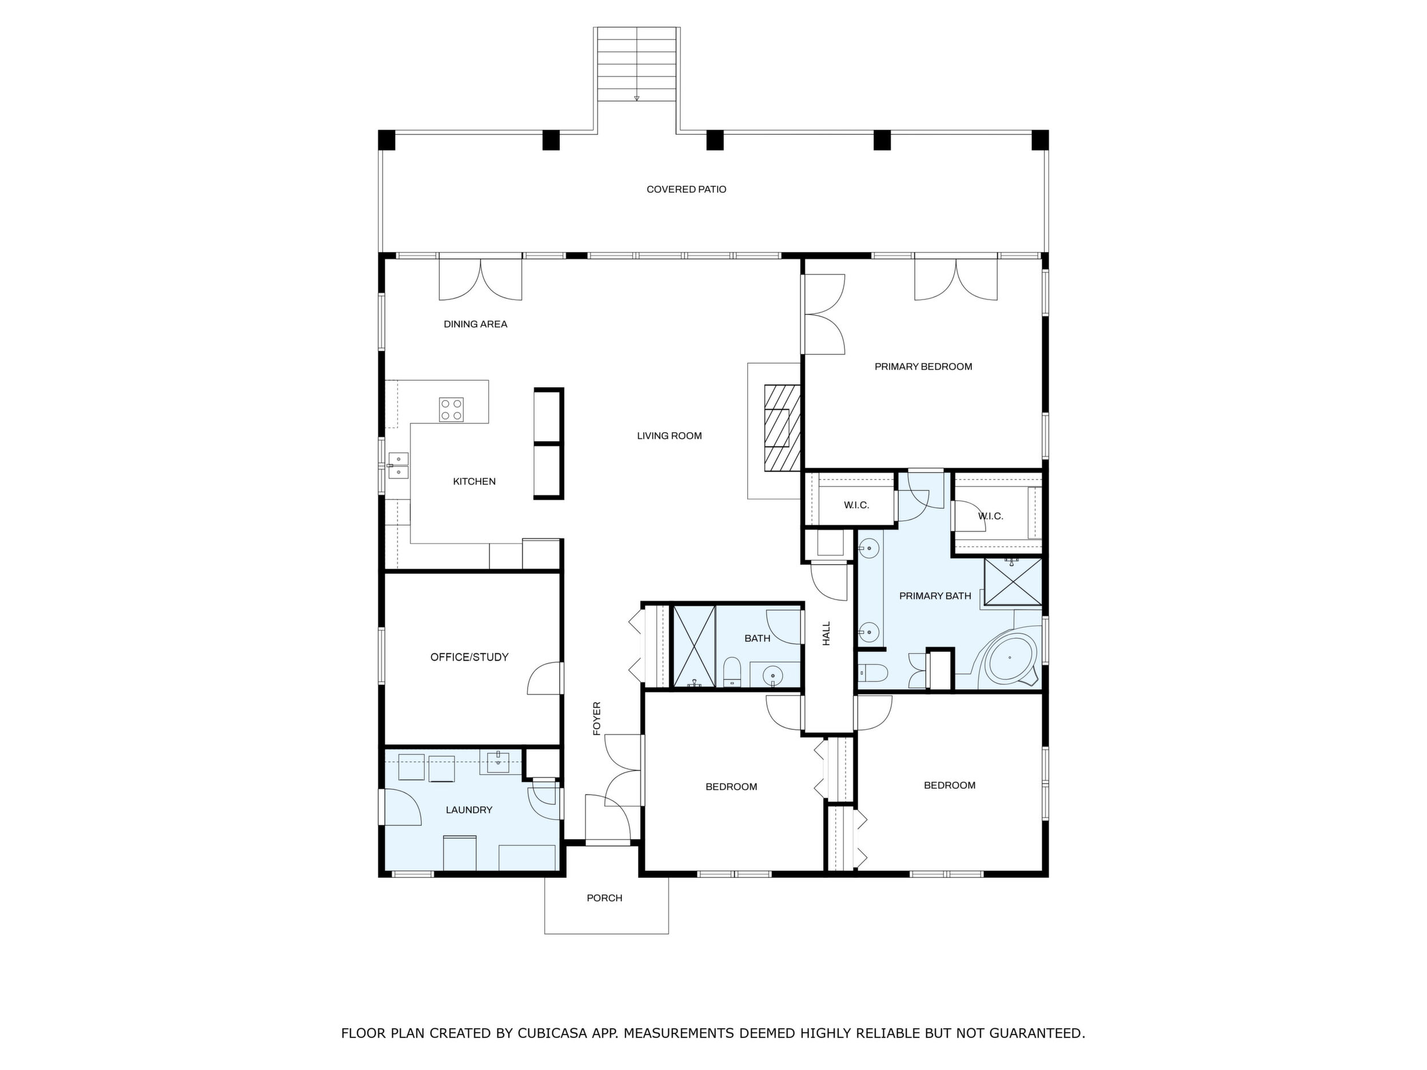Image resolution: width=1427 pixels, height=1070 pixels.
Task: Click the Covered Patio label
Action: (x=687, y=190)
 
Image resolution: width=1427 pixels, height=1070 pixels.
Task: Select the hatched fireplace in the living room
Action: (x=783, y=428)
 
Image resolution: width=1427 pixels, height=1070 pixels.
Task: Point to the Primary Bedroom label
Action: (x=923, y=367)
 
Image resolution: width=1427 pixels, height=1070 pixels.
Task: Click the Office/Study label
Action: (x=469, y=657)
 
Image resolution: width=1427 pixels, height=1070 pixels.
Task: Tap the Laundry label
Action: (x=469, y=810)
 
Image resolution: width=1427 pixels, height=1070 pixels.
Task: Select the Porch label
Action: (x=604, y=899)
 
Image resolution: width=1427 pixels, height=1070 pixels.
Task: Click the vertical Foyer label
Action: (x=597, y=718)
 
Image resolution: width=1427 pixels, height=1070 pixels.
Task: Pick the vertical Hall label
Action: (x=826, y=634)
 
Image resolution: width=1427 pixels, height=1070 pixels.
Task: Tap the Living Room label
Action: (x=669, y=436)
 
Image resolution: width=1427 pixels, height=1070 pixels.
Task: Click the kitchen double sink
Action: (x=398, y=465)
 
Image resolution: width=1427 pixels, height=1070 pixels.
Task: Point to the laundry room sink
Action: (x=498, y=762)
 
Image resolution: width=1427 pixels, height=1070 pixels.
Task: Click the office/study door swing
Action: (x=545, y=678)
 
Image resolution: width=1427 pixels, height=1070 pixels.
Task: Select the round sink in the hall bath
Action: (x=773, y=675)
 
